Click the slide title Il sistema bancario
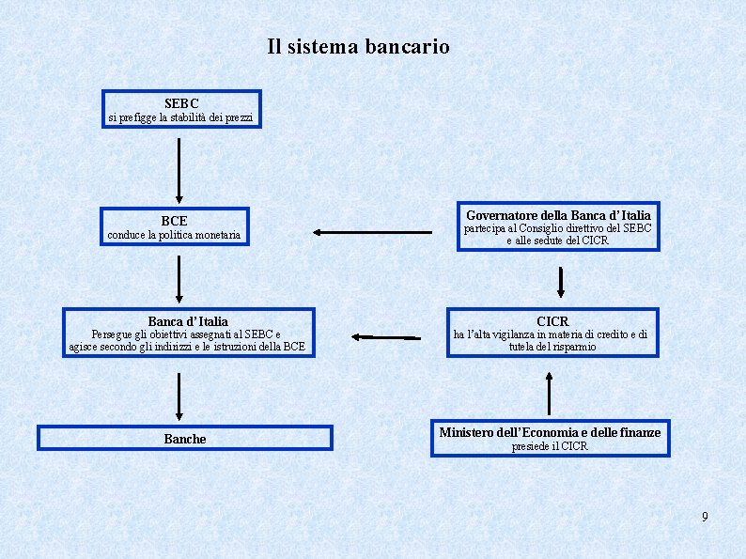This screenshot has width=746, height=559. [358, 46]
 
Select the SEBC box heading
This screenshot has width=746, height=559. [181, 102]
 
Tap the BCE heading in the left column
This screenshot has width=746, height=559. [175, 221]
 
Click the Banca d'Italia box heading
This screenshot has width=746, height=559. [187, 321]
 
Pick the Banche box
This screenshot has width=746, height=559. [185, 439]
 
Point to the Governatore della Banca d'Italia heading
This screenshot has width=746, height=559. [558, 215]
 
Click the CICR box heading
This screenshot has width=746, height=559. [552, 321]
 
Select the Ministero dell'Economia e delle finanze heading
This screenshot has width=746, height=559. [550, 432]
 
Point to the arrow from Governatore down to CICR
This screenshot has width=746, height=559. [561, 281]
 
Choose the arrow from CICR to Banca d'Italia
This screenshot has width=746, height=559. [387, 335]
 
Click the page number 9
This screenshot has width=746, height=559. [705, 517]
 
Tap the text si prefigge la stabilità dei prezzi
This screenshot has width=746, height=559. [180, 117]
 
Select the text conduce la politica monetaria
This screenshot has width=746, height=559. [174, 235]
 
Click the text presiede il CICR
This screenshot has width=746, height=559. [550, 446]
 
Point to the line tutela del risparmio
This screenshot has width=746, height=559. [552, 347]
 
